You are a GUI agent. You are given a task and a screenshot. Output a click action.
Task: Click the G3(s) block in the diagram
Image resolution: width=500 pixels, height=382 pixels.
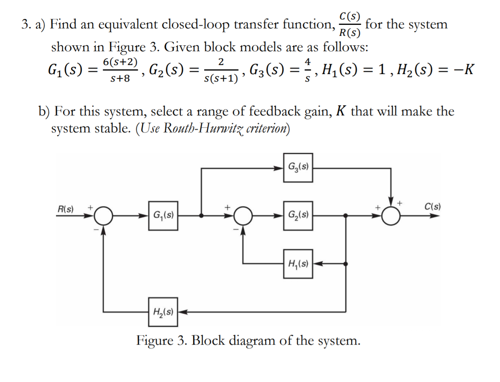298,167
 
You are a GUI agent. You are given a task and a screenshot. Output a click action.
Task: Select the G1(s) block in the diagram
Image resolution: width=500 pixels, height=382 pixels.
163,215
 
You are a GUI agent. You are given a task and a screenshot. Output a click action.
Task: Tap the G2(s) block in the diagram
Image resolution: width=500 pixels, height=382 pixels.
298,215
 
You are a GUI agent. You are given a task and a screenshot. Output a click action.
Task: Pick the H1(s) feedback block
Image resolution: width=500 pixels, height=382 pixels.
298,264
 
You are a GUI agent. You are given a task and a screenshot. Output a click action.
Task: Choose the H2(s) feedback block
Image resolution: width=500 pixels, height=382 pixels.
163,312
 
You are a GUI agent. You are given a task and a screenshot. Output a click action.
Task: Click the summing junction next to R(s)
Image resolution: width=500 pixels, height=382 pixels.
104,216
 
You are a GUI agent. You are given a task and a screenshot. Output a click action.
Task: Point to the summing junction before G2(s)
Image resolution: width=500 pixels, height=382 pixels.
243,216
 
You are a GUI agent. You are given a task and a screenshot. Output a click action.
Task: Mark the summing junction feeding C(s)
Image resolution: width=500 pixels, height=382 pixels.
391,216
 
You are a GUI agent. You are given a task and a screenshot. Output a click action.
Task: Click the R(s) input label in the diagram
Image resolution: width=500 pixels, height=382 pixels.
65,209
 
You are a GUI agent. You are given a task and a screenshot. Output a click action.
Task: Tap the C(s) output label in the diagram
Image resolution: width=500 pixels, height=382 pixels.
432,206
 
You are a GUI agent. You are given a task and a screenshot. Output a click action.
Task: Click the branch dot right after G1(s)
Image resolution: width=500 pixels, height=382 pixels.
202,216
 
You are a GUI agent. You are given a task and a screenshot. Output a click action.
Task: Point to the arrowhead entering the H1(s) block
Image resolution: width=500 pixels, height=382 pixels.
317,264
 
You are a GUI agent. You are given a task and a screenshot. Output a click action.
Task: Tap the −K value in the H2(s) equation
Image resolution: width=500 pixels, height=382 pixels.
463,69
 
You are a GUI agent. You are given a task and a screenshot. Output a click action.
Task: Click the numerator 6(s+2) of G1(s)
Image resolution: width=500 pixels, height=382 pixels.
120,62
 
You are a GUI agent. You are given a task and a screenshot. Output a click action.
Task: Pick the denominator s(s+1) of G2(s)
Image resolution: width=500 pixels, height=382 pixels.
221,78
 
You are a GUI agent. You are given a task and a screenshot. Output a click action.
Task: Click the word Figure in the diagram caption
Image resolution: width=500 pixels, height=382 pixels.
154,340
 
